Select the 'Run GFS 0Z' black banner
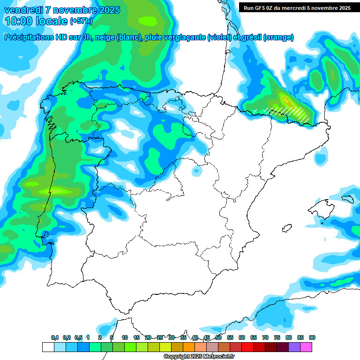pos(297,8)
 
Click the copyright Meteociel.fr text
pos(199,357)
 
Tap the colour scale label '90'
pos(312,337)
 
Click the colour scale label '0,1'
pos(55,337)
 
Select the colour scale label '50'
pos(218,337)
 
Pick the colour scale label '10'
pos(125,337)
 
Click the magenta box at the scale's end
pos(306,347)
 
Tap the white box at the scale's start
pos(47,347)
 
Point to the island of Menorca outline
pos(347,199)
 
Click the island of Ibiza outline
pos(286,228)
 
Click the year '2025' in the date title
pos(108,10)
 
